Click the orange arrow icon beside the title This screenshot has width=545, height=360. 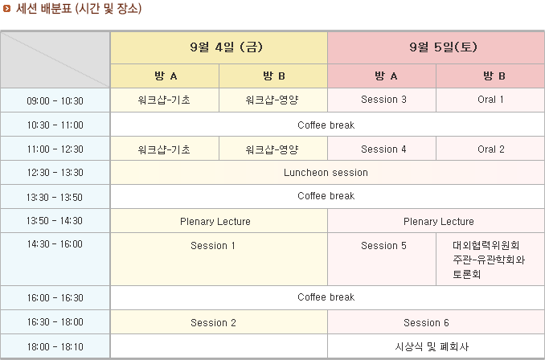6,9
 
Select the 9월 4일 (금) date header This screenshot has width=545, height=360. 226,47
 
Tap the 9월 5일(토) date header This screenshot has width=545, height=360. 443,47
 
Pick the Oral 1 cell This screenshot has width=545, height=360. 490,100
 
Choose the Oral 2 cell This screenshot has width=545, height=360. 491,149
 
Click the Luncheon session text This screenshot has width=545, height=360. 326,172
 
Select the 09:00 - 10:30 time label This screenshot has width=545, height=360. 55,100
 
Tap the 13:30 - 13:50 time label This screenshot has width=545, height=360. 55,197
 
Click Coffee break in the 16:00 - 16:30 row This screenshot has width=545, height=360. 326,297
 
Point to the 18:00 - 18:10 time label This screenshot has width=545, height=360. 55,346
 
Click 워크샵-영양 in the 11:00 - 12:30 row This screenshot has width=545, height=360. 272,149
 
